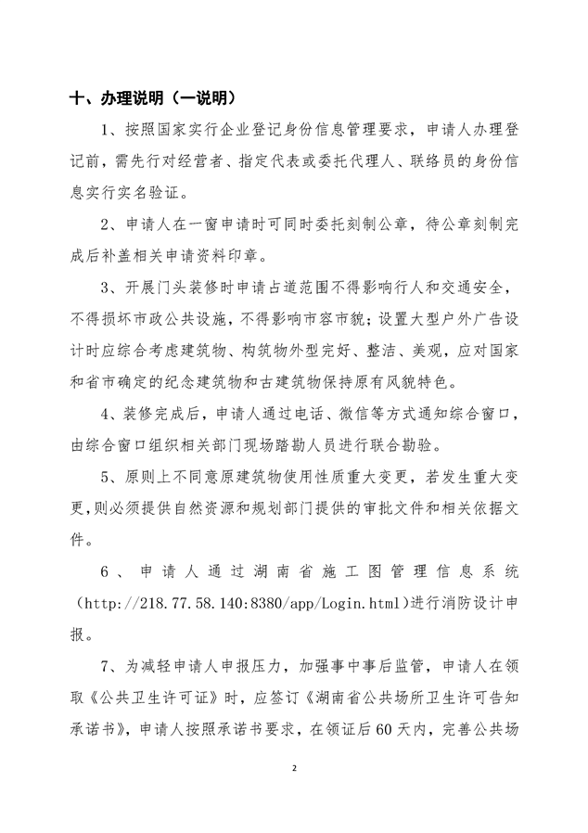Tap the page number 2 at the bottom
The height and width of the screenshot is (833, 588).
click(x=294, y=769)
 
